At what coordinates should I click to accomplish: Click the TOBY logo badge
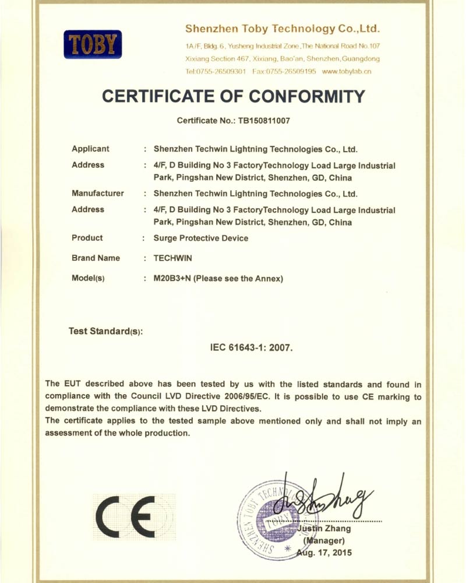pyautogui.click(x=93, y=44)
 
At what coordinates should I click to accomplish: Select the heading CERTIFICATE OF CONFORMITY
pyautogui.click(x=233, y=96)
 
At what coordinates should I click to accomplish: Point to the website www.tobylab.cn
pyautogui.click(x=346, y=71)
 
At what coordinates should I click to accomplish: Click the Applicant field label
pyautogui.click(x=90, y=149)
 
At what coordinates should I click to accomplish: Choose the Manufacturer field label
pyautogui.click(x=98, y=193)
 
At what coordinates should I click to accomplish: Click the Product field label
pyautogui.click(x=87, y=238)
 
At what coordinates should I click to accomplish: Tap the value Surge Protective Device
pyautogui.click(x=200, y=238)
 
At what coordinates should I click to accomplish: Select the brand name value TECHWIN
pyautogui.click(x=174, y=258)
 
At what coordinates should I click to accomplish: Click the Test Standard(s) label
pyautogui.click(x=105, y=331)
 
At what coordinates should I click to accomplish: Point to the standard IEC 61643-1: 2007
pyautogui.click(x=251, y=347)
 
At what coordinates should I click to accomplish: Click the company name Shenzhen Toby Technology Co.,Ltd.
pyautogui.click(x=283, y=28)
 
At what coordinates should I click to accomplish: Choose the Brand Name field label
pyautogui.click(x=96, y=258)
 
